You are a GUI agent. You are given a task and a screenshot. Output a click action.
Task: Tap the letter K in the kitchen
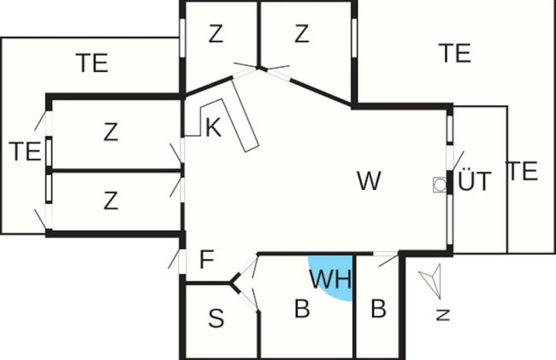214,127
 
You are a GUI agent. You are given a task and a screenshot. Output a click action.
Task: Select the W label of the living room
369,180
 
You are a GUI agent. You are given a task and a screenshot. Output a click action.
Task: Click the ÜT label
475,180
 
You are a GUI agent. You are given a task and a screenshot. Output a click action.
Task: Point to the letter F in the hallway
207,259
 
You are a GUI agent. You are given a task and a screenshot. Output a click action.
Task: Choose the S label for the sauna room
216,318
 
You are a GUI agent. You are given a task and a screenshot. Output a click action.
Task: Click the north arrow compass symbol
431,280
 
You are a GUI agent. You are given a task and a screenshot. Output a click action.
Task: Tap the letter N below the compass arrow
443,315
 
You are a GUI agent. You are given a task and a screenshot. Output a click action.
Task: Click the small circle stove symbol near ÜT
440,185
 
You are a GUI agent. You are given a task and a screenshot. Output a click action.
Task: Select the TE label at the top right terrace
455,53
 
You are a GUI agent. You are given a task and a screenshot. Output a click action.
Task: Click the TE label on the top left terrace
92,63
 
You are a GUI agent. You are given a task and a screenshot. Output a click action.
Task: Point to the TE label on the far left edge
25,151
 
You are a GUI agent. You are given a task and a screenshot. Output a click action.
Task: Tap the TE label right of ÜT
523,171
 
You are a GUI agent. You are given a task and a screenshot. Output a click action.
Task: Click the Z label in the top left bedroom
216,33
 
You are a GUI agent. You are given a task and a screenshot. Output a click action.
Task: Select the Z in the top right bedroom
302,33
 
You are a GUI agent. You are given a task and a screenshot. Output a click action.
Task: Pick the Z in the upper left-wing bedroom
110,132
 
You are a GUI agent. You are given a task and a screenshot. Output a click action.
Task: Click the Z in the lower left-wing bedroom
110,200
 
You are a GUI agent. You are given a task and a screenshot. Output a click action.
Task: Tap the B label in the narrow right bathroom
378,309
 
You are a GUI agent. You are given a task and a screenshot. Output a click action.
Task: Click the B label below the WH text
302,309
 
